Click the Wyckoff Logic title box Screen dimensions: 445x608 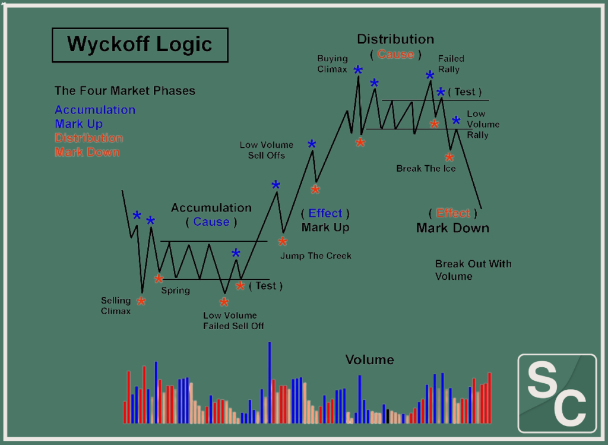140,45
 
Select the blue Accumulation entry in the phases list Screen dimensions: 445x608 95,110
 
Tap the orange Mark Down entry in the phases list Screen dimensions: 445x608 87,152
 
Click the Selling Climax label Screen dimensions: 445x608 116,305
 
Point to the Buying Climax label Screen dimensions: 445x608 332,64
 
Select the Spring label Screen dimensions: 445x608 176,291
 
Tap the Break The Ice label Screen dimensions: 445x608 426,169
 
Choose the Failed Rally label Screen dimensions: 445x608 451,64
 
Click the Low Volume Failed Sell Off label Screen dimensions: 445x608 233,321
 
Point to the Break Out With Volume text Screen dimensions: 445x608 473,270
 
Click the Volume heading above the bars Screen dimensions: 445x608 369,360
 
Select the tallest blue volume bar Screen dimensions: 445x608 270,383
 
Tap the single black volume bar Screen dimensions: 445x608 388,416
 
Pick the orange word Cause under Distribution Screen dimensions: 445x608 395,55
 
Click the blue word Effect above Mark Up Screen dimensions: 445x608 325,213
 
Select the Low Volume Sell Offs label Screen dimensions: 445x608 267,150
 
